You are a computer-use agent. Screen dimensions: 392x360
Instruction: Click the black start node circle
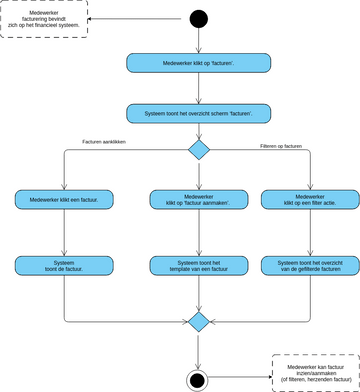199,19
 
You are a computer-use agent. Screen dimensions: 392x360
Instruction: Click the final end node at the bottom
199,379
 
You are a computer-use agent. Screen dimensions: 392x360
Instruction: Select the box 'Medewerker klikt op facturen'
199,63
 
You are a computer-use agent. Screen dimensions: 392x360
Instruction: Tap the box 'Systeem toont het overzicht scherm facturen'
199,114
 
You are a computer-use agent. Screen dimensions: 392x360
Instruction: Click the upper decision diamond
199,149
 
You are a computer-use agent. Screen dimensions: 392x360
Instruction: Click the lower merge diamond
199,321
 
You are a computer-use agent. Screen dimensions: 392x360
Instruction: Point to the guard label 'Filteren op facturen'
281,146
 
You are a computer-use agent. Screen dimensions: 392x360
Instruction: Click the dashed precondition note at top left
43,19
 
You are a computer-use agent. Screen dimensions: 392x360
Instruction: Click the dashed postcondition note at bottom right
315,372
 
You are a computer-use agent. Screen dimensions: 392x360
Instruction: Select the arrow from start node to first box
199,41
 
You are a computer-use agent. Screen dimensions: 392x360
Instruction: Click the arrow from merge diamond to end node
199,350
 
